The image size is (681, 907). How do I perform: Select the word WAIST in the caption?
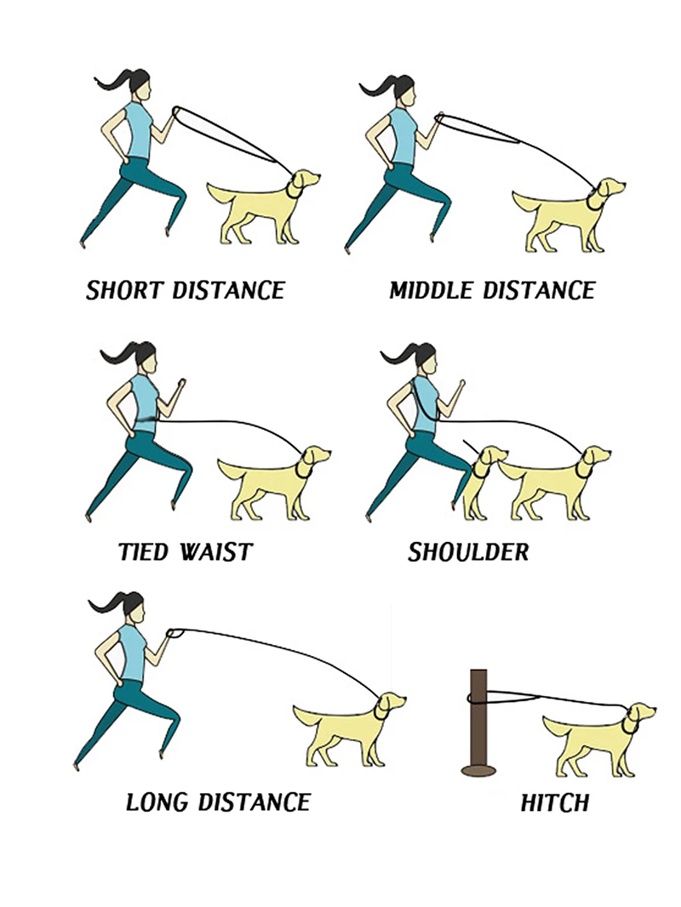216,552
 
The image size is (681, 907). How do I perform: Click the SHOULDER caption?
468,552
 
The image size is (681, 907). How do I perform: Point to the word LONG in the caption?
158,802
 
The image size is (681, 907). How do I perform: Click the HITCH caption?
555,803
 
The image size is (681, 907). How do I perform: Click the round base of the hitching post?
478,770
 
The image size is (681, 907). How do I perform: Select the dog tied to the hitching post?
598,740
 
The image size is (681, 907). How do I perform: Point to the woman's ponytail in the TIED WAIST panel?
123,353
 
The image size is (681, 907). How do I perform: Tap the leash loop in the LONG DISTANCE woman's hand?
175,633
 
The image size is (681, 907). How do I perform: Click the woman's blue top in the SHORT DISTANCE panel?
139,131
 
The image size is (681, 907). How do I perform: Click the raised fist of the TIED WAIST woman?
181,383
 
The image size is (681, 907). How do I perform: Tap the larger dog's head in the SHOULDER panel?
596,455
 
